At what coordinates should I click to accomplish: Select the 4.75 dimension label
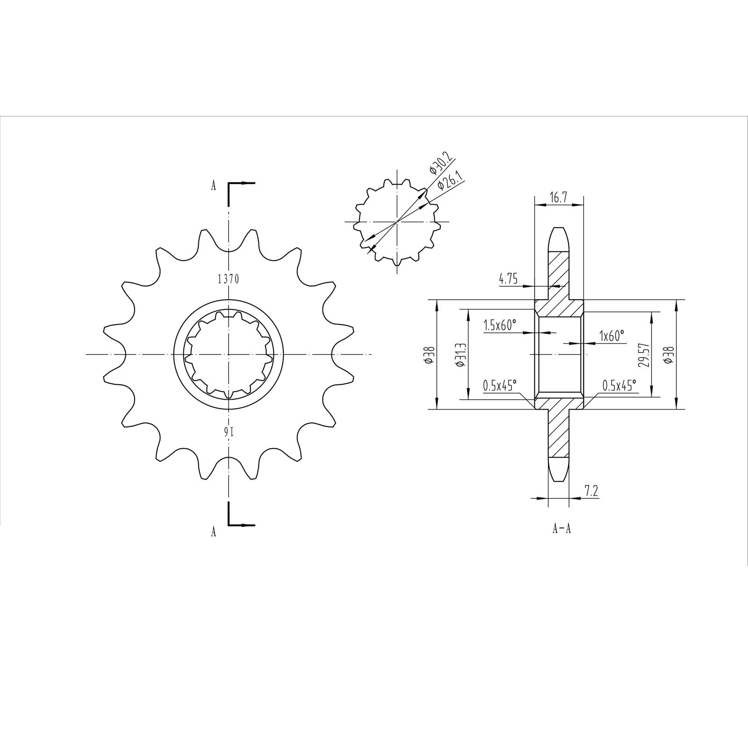pos(508,280)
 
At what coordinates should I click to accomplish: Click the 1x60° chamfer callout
pos(612,336)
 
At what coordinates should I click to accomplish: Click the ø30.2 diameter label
pos(435,164)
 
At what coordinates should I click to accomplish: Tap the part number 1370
pos(228,280)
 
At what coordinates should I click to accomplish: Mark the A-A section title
pos(561,529)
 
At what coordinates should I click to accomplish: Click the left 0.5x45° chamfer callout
pos(500,386)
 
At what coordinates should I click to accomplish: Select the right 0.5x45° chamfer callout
pos(619,386)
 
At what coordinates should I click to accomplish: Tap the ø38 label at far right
pos(670,355)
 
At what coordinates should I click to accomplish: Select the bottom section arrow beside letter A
pos(242,524)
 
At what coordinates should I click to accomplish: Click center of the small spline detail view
pos(397,222)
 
